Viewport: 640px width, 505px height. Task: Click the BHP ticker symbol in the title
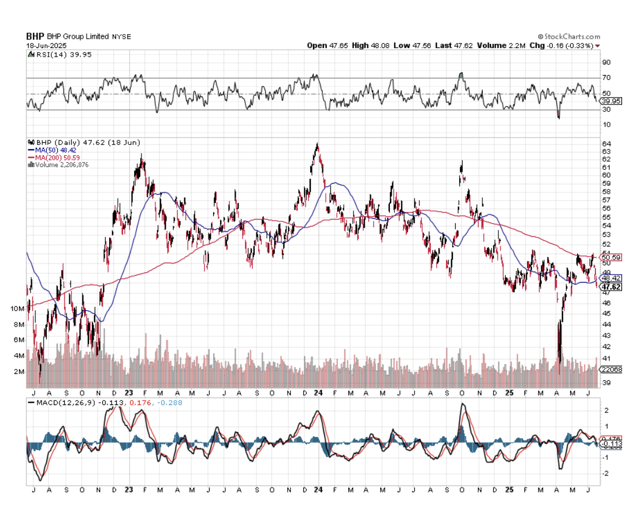click(35, 36)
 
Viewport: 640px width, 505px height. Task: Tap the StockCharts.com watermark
click(568, 36)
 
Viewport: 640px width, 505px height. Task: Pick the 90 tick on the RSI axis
click(606, 62)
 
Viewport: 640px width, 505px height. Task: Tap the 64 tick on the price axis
click(606, 143)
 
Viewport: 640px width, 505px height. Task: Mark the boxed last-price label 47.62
click(611, 287)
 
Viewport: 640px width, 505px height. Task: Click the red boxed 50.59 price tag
click(611, 257)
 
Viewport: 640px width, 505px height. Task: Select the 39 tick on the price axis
click(606, 383)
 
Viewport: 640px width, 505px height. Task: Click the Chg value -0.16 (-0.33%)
click(569, 45)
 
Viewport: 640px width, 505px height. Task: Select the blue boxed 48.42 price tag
click(611, 277)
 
